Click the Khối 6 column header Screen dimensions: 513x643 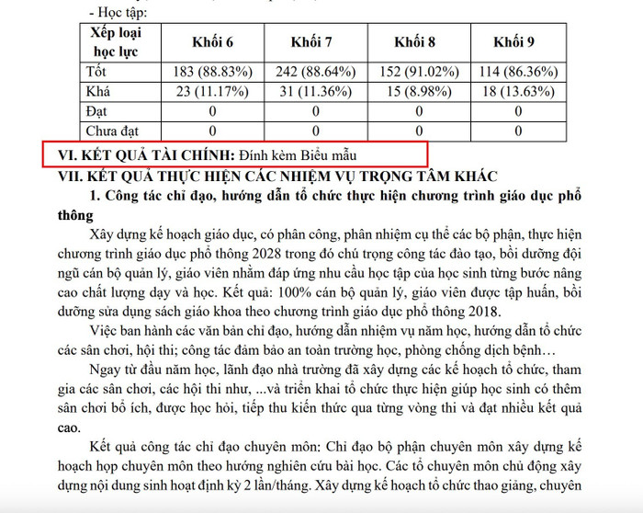212,42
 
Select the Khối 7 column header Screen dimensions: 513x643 311,42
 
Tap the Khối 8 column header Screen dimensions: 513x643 414,42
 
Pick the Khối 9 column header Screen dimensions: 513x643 514,42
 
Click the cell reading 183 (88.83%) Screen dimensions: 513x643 212,72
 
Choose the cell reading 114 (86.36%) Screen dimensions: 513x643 518,72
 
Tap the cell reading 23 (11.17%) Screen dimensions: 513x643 212,92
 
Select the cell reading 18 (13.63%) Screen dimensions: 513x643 518,92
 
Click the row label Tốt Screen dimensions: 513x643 96,72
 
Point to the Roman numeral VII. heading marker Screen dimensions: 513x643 73,175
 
